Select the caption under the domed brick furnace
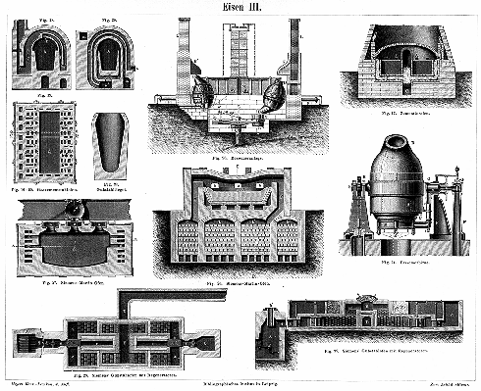click(x=402, y=113)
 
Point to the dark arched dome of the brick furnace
click(x=402, y=51)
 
